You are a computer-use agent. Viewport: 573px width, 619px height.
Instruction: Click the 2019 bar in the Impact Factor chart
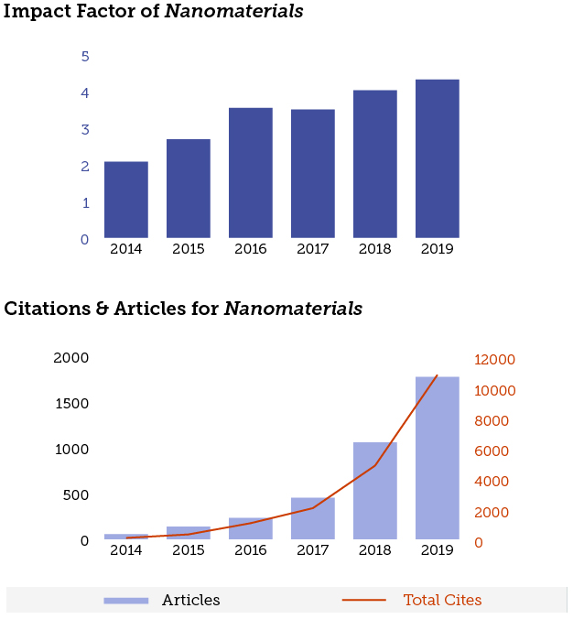coord(437,158)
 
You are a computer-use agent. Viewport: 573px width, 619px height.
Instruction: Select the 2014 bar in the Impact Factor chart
coord(126,200)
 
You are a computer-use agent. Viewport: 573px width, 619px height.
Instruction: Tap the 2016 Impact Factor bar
coord(251,173)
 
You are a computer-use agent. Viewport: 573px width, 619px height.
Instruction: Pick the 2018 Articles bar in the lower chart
coord(375,491)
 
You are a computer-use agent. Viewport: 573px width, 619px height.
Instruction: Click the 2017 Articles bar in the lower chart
coord(313,518)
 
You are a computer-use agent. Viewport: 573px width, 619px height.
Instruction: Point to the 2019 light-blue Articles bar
coord(437,458)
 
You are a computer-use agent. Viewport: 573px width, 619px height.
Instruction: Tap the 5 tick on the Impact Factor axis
coord(85,57)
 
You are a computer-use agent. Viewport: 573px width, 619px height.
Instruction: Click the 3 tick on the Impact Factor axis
coord(85,130)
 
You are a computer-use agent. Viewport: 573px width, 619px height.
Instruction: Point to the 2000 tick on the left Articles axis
coord(71,358)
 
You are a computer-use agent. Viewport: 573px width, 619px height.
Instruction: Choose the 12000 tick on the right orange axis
coord(495,360)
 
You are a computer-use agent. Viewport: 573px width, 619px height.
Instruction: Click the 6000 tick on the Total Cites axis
coord(495,451)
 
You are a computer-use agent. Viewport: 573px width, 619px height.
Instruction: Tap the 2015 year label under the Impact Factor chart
coord(189,249)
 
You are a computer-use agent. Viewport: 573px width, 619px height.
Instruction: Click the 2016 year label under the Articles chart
coord(251,550)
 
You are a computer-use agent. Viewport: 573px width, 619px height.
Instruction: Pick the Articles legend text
coord(191,601)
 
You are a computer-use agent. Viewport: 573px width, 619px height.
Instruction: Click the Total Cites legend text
coord(442,601)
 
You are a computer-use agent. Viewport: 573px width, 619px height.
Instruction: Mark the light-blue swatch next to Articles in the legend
coord(126,601)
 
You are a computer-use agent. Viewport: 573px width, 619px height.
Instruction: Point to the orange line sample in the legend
coord(364,601)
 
